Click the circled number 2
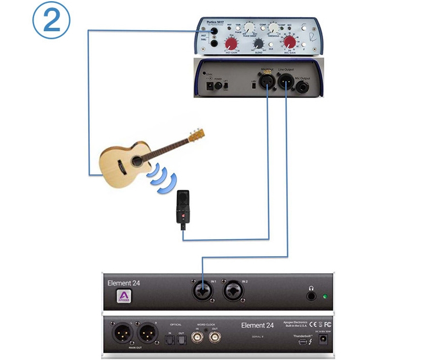point(51,21)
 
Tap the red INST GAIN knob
point(232,44)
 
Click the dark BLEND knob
point(259,43)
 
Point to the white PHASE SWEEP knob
point(249,27)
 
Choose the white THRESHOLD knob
point(274,27)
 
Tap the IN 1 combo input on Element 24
point(202,291)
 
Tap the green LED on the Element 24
point(324,296)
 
